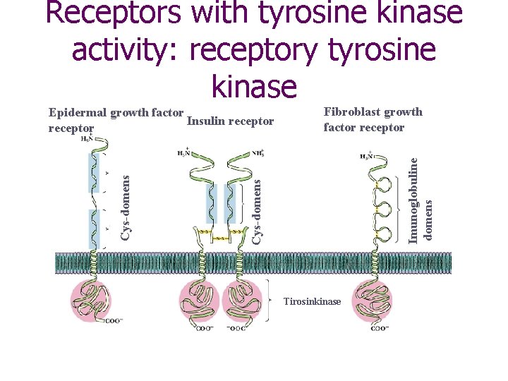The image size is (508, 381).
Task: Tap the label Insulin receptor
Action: coord(230,121)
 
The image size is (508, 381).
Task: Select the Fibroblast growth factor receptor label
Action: coord(373,119)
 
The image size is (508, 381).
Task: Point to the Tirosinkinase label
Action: coord(311,302)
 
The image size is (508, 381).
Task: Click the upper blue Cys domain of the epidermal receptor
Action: coord(94,173)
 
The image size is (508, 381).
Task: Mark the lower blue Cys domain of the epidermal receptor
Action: coord(94,227)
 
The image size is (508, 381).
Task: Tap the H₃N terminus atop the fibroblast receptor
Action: coord(366,157)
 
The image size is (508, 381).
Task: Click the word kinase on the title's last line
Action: coord(254,85)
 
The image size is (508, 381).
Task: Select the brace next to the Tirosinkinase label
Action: coord(272,301)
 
